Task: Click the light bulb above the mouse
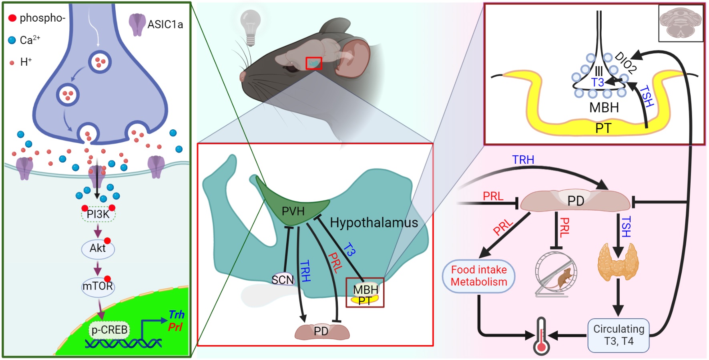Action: pyautogui.click(x=251, y=26)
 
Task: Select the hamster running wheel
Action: pyautogui.click(x=556, y=274)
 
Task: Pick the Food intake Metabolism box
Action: pyautogui.click(x=478, y=276)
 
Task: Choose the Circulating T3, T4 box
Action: pyautogui.click(x=619, y=335)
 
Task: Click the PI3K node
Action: pyautogui.click(x=98, y=214)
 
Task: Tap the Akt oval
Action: pyautogui.click(x=98, y=248)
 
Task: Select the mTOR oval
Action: pyautogui.click(x=98, y=286)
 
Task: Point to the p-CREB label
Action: pyautogui.click(x=109, y=330)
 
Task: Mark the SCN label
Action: pyautogui.click(x=283, y=280)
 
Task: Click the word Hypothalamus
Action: pyautogui.click(x=374, y=223)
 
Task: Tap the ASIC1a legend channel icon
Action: pyautogui.click(x=137, y=24)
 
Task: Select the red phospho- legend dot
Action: pyautogui.click(x=12, y=18)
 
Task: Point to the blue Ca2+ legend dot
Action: pyautogui.click(x=12, y=40)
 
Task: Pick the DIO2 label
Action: pyautogui.click(x=625, y=62)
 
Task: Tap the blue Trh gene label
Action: pyautogui.click(x=176, y=314)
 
